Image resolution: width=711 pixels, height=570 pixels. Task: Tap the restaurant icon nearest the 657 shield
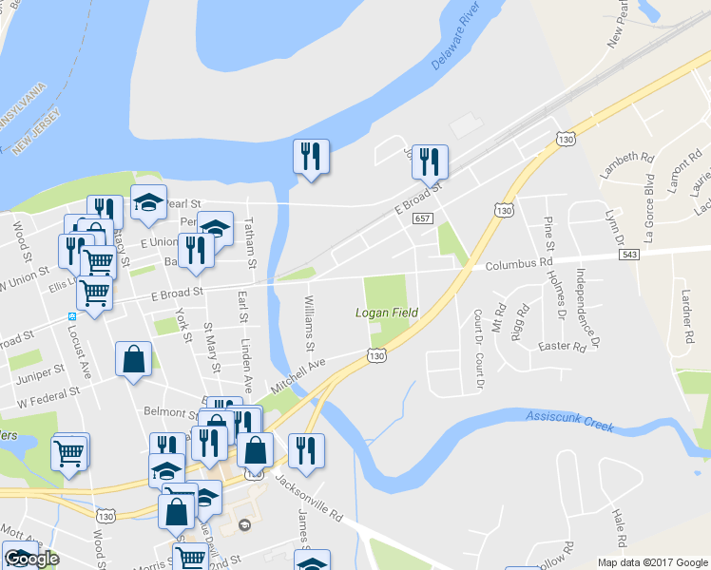(x=430, y=162)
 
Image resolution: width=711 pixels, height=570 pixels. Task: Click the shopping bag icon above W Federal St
(x=133, y=360)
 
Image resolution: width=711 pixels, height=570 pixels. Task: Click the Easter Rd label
(x=561, y=347)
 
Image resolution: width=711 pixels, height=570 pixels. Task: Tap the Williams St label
(x=309, y=323)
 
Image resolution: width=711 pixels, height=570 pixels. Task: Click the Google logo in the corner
(x=31, y=559)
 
